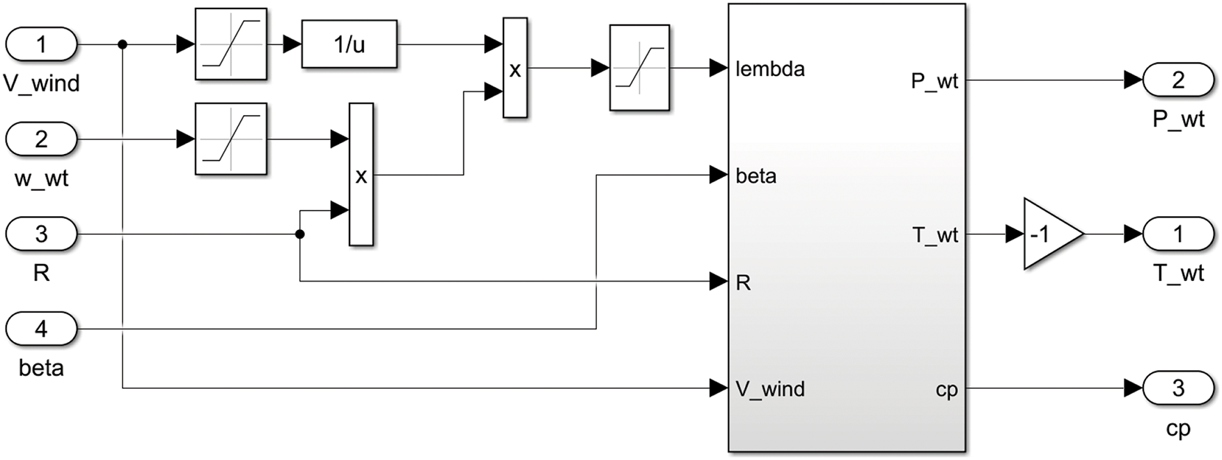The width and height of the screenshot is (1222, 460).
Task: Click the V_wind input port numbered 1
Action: point(41,45)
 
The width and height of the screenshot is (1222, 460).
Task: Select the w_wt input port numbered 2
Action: point(41,139)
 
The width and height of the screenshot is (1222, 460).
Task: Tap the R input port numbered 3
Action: point(41,234)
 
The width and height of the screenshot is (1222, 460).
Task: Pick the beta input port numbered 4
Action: point(41,329)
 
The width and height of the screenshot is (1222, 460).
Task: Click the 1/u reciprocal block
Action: point(350,45)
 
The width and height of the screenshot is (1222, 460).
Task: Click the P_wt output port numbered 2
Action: point(1178,80)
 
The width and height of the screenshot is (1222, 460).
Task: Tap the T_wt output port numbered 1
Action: point(1178,234)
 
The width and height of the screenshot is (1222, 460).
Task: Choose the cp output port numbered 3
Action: point(1178,388)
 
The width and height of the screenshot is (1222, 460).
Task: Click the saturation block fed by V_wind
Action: point(231,45)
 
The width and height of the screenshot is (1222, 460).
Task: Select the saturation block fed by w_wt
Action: point(231,139)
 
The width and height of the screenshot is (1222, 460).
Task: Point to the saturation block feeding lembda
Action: point(639,68)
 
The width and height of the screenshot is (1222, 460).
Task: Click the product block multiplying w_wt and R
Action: point(361,175)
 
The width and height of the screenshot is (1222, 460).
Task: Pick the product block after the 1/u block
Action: point(515,68)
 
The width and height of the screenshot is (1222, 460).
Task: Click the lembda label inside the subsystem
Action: point(770,69)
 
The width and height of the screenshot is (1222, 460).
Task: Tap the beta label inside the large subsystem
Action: point(756,176)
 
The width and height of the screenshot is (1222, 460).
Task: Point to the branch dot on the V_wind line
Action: point(123,45)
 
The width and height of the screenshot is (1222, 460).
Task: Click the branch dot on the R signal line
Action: point(300,234)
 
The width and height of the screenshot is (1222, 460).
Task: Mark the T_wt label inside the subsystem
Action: point(935,236)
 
